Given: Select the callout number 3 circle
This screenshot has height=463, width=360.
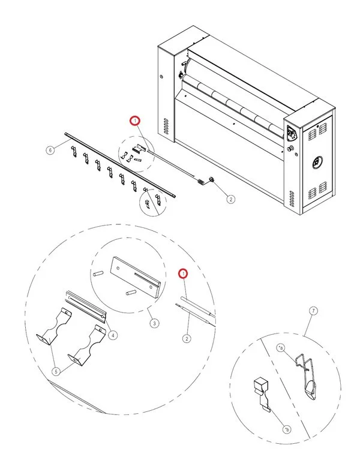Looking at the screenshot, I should pyautogui.click(x=154, y=324).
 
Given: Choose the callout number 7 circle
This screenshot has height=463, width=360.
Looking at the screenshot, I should pyautogui.click(x=313, y=311).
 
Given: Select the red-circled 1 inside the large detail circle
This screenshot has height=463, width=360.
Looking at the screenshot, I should pyautogui.click(x=184, y=273).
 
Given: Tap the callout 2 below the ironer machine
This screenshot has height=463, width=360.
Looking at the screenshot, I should pyautogui.click(x=231, y=200).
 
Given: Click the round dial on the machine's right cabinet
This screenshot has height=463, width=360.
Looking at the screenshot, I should pyautogui.click(x=316, y=161).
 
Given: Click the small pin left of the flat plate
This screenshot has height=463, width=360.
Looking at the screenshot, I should pyautogui.click(x=99, y=272).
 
